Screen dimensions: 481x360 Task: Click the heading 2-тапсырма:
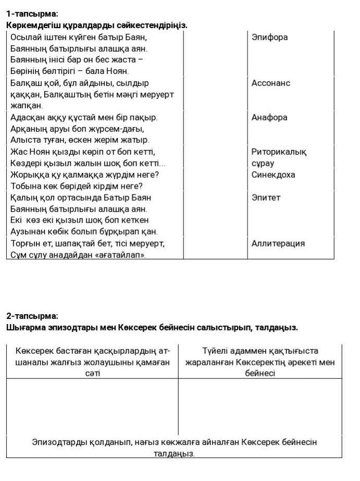pos(32,316)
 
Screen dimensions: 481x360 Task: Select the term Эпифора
pos(269,38)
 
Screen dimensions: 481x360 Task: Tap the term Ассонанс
pos(271,83)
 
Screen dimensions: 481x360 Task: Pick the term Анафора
pos(269,118)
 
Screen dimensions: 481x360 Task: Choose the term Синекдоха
pos(273,175)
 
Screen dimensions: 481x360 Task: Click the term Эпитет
pos(266,198)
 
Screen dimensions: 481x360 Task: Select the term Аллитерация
pos(278,243)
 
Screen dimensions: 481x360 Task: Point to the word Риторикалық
pos(279,152)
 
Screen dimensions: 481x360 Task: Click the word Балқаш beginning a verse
pos(25,83)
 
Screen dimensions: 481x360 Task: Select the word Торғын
pos(25,243)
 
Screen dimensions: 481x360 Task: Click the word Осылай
pos(26,38)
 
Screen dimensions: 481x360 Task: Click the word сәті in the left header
pos(92,374)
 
